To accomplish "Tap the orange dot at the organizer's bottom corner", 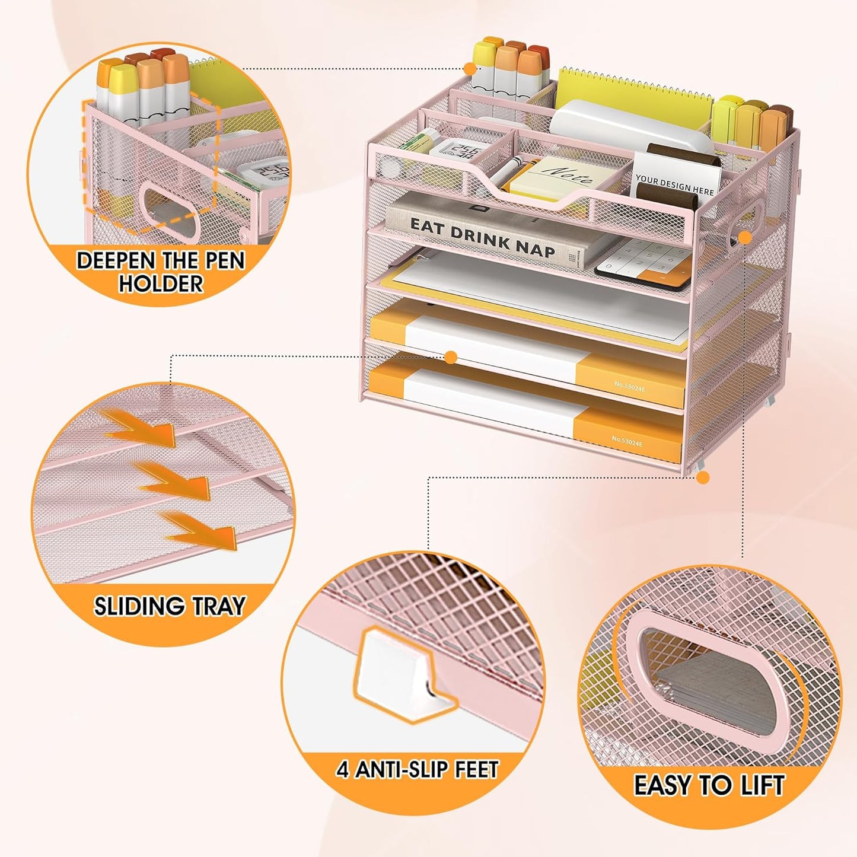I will (x=703, y=477).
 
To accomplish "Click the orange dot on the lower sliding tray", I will (x=451, y=357).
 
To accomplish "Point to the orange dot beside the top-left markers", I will (x=470, y=69).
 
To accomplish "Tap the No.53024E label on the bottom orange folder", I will (x=627, y=439).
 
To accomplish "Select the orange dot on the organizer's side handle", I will (x=745, y=237).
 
